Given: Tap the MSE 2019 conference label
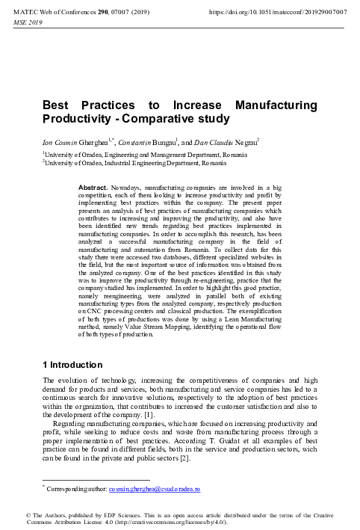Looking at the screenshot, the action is pos(31,23).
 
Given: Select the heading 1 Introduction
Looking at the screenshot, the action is pos(72,365).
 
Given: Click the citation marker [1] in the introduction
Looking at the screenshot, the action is pos(147,413).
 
